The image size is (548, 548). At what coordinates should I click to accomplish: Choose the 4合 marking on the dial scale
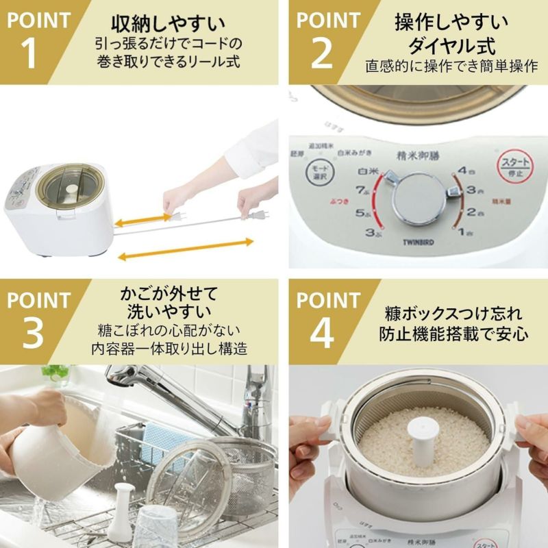coord(467,169)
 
